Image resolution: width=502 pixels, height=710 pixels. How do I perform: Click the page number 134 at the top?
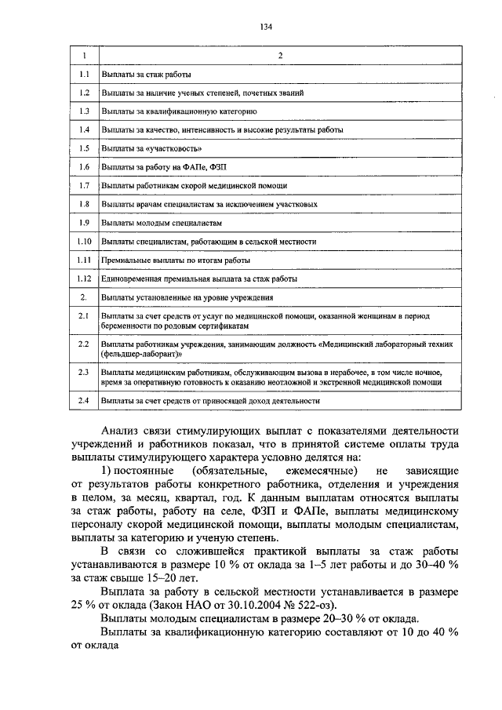[x=266, y=27]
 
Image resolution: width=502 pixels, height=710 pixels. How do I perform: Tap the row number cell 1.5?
[x=84, y=147]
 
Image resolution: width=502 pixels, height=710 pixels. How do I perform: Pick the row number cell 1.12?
[x=85, y=278]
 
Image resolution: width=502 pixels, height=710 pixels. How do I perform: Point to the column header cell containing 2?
[x=280, y=54]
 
